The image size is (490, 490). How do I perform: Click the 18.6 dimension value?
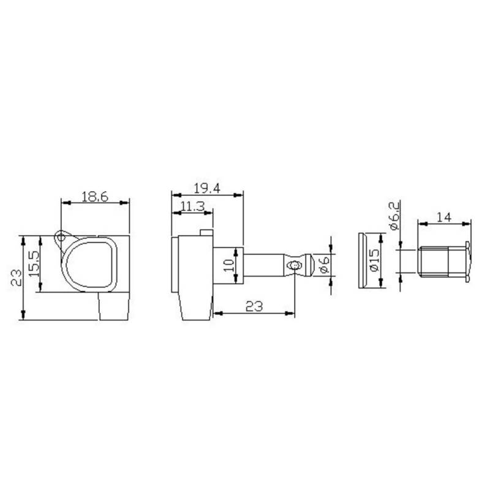(x=95, y=197)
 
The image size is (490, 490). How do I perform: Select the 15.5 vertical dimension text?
(x=34, y=263)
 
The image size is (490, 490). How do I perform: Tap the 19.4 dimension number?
(x=207, y=189)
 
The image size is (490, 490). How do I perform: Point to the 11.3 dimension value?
(x=192, y=206)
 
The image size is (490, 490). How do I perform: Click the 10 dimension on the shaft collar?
(x=228, y=265)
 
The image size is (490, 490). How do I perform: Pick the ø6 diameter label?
(x=324, y=265)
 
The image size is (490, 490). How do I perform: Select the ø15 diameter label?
(x=374, y=260)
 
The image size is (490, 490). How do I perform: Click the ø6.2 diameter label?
(x=394, y=216)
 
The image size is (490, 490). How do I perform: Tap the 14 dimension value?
(x=443, y=217)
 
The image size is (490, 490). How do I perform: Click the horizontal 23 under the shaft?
(x=254, y=306)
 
